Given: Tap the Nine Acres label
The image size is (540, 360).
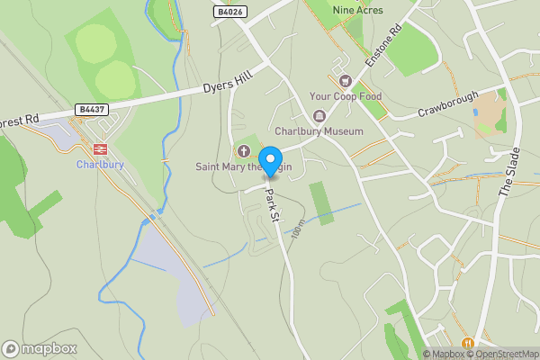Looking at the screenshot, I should pyautogui.click(x=357, y=10).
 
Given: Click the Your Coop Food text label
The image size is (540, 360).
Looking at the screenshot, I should pyautogui.click(x=346, y=96).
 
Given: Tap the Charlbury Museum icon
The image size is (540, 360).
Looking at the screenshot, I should pyautogui.click(x=319, y=116).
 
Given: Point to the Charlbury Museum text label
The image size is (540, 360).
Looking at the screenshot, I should pyautogui.click(x=319, y=130).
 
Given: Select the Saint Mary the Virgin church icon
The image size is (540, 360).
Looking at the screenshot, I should pyautogui.click(x=243, y=151).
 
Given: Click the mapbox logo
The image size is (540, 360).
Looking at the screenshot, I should pyautogui.click(x=40, y=348).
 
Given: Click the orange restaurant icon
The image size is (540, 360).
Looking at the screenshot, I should pyautogui.click(x=467, y=343).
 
